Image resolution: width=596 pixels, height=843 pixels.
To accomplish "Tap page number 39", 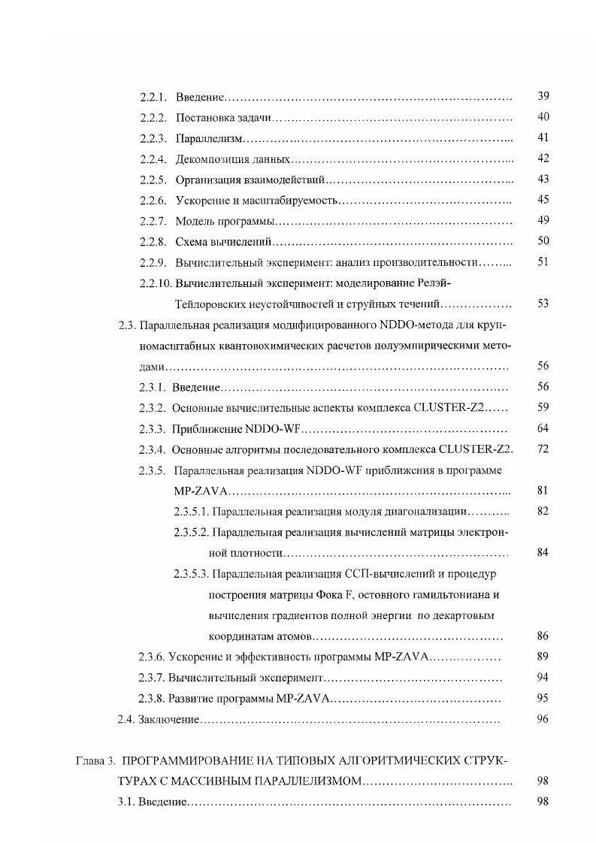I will point(543,96).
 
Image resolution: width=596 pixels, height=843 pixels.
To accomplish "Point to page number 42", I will point(543,158).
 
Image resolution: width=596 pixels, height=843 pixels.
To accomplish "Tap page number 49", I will point(543,220).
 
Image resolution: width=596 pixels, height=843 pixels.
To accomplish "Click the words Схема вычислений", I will point(222,242).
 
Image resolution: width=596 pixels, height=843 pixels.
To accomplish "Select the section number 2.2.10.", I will point(156,283).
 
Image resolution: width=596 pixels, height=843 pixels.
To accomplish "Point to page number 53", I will point(543,304).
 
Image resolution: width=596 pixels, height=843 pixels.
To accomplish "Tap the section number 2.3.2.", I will point(153,408).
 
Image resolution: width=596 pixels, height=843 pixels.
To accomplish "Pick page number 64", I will point(543,428).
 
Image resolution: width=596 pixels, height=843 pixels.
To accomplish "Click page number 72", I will point(543,449).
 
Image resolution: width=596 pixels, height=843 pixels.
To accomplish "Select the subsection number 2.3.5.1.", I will point(191,512).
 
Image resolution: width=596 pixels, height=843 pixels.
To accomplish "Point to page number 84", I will point(543,553).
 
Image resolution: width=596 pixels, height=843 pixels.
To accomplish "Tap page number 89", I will point(543,657).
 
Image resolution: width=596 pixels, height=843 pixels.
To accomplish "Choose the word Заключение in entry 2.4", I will point(168,720).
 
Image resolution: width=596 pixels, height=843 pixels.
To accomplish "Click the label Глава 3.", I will point(95,760).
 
